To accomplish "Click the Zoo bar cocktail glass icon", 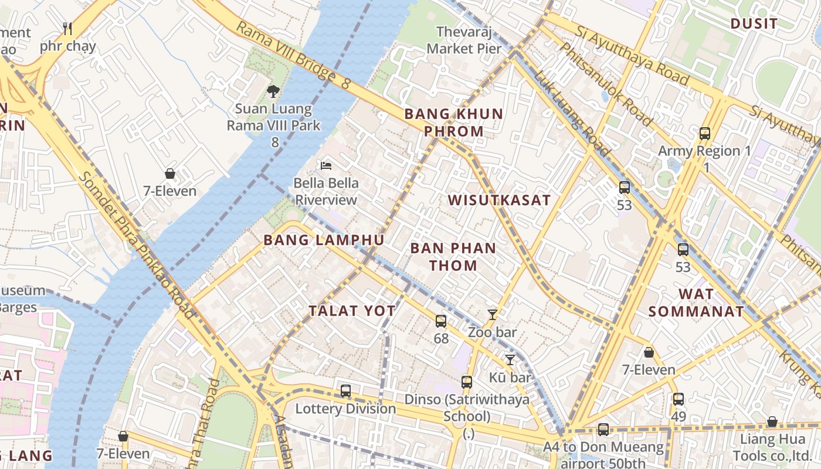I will pyautogui.click(x=493, y=315).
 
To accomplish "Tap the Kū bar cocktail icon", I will pyautogui.click(x=510, y=359).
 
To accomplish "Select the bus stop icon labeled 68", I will pyautogui.click(x=441, y=321).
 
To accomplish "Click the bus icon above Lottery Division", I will pyautogui.click(x=346, y=390).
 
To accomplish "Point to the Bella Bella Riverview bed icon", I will pyautogui.click(x=326, y=165).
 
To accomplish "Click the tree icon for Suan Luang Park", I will pyautogui.click(x=273, y=91).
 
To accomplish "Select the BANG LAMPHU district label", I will pyautogui.click(x=324, y=240).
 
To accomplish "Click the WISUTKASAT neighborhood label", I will pyautogui.click(x=500, y=200).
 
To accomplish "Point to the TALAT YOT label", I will pyautogui.click(x=352, y=311).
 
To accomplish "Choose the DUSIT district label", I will pyautogui.click(x=754, y=24).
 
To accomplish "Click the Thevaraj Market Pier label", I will pyautogui.click(x=464, y=40).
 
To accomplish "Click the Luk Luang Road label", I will pyautogui.click(x=572, y=114).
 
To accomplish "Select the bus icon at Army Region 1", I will pyautogui.click(x=705, y=133).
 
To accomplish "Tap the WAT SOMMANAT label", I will pyautogui.click(x=696, y=303).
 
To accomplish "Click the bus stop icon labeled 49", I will pyautogui.click(x=678, y=399).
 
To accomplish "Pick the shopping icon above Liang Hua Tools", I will pyautogui.click(x=772, y=422).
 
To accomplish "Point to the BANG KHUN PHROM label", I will pyautogui.click(x=454, y=123).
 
